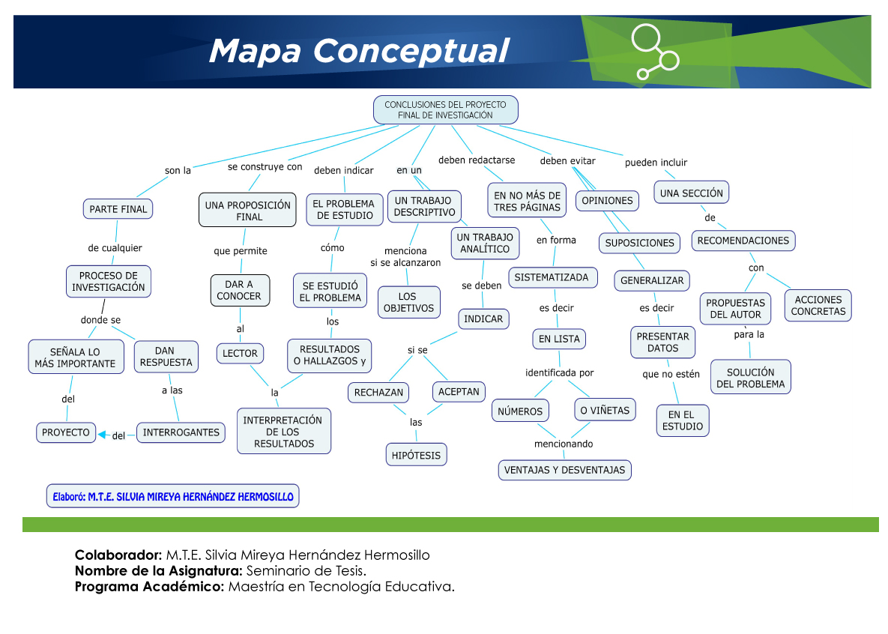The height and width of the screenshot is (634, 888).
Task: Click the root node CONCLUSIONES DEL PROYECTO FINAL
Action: (x=445, y=110)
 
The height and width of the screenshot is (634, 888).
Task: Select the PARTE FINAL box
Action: (x=118, y=209)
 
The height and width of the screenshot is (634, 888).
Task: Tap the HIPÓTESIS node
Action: (x=416, y=455)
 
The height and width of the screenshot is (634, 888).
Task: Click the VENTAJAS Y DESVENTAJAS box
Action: (x=564, y=470)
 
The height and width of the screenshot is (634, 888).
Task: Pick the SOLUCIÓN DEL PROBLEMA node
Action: (x=750, y=378)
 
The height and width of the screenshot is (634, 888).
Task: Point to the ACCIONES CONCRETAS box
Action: (x=818, y=306)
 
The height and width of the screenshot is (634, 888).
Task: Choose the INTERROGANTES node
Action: (x=181, y=432)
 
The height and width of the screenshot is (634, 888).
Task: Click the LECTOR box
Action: (x=240, y=353)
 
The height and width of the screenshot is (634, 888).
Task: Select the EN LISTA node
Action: (x=559, y=339)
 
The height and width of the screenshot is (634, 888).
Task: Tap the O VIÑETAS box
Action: (x=605, y=410)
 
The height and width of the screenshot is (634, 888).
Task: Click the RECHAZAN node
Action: (x=378, y=392)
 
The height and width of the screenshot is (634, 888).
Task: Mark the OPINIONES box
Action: (x=607, y=201)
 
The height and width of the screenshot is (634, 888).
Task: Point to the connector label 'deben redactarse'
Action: (x=477, y=160)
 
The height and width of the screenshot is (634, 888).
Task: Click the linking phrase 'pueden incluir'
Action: (x=656, y=163)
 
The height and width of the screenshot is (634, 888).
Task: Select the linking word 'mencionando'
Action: (x=564, y=444)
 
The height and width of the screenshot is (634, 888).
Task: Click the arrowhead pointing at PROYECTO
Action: (x=102, y=435)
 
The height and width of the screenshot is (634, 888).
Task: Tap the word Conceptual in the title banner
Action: (x=411, y=51)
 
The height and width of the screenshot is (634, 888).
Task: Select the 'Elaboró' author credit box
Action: (x=173, y=496)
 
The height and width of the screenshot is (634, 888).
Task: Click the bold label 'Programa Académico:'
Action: (x=150, y=587)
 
